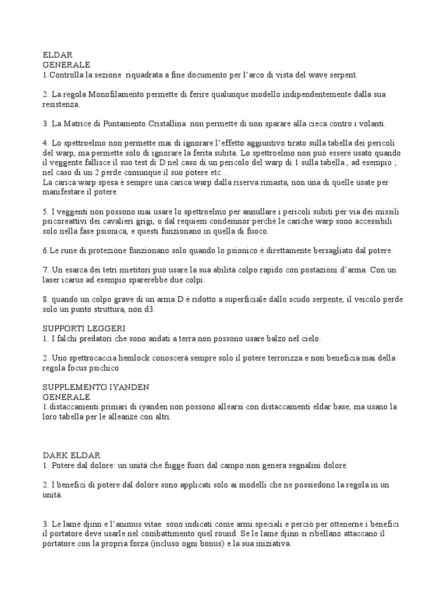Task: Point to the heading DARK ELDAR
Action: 72,455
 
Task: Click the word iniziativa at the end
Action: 270,545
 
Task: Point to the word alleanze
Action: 126,417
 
